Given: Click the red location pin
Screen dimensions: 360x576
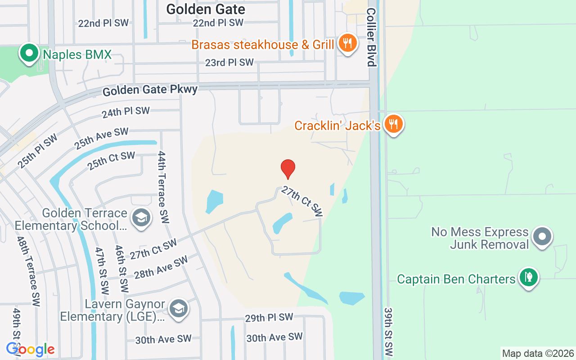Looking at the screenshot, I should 288,169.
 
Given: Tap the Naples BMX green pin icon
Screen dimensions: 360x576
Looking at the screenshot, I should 29,53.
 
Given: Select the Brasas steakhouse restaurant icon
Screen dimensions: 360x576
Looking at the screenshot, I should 347,44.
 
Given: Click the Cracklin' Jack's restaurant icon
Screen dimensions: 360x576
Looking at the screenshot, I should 394,124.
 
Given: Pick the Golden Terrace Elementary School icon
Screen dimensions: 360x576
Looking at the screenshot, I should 141,218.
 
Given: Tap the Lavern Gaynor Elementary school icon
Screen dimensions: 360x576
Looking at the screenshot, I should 179,309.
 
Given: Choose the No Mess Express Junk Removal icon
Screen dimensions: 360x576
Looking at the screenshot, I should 542,236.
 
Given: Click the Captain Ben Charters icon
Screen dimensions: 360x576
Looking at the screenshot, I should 528,277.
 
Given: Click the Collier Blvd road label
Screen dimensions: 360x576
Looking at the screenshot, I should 371,37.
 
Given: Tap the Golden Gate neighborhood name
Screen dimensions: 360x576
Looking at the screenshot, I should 206,9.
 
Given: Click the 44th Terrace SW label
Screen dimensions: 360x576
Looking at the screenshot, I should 163,187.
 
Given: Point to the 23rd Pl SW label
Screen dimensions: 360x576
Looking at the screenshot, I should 229,63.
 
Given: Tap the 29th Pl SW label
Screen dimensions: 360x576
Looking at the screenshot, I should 269,317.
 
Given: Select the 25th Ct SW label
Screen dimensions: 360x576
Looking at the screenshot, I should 111,161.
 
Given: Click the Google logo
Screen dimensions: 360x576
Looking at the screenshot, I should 31,349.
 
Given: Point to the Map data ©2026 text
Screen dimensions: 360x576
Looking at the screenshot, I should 538,353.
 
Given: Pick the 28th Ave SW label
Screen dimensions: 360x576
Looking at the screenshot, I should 161,267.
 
